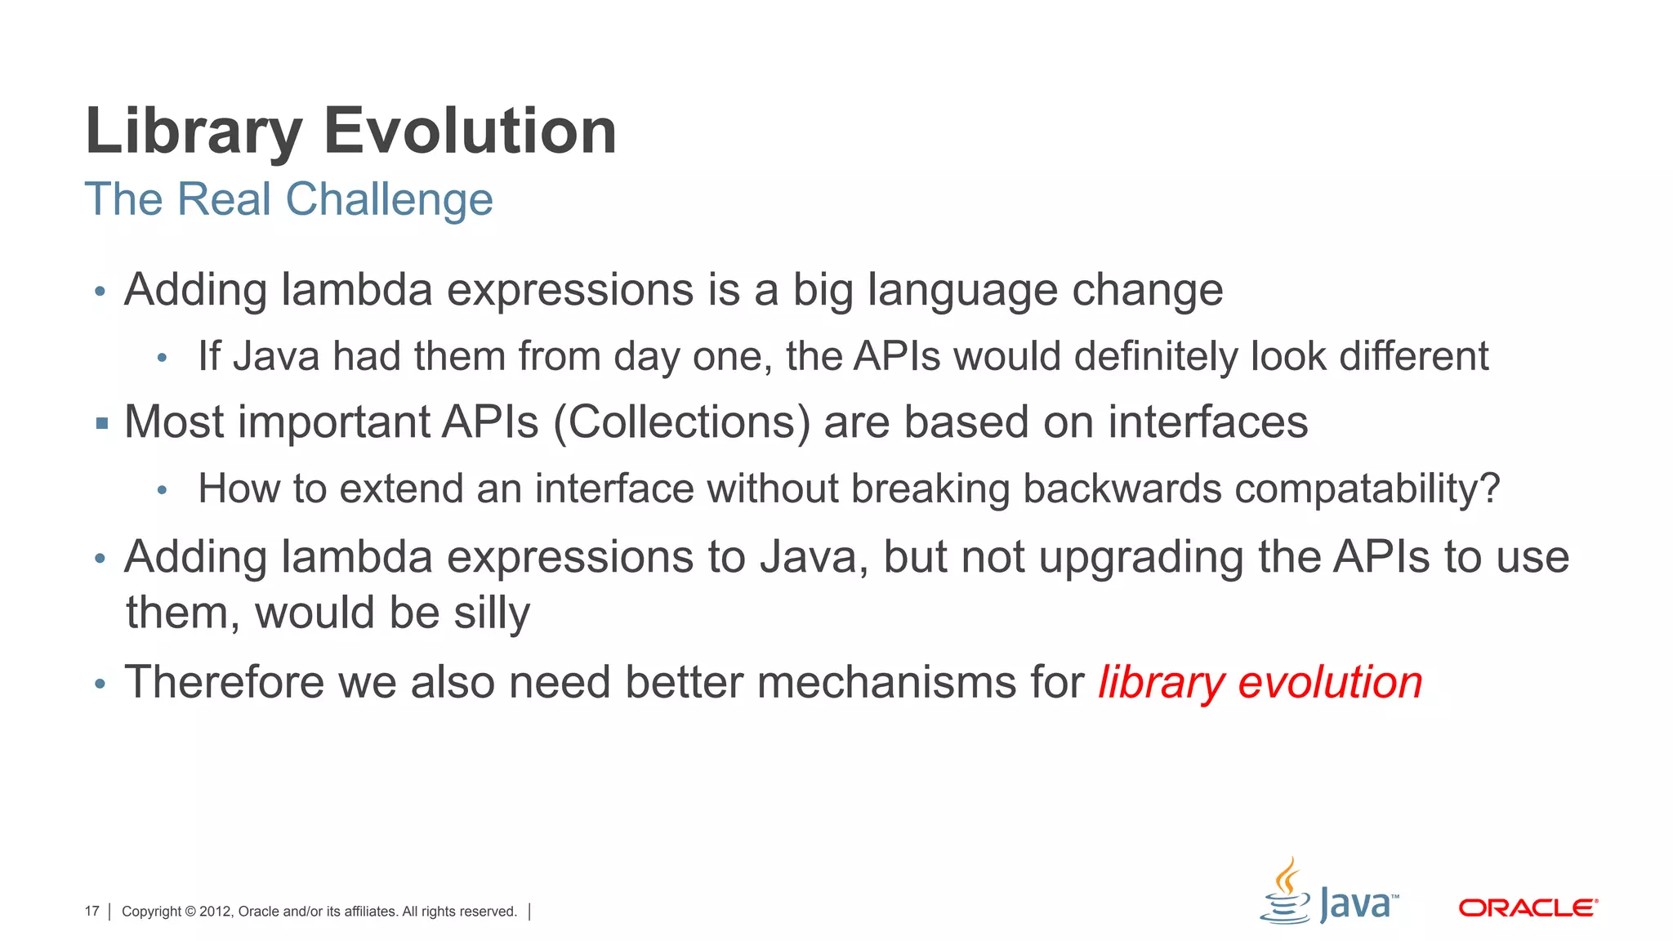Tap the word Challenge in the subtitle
[x=389, y=199]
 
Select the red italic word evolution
[x=1330, y=682]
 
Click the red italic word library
[x=1161, y=682]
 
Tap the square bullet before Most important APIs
[x=101, y=423]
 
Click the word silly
[x=492, y=613]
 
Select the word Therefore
[x=224, y=682]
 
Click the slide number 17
[x=91, y=911]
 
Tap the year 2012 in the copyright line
[x=215, y=911]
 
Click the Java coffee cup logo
[x=1286, y=892]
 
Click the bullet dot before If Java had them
[x=162, y=358]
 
